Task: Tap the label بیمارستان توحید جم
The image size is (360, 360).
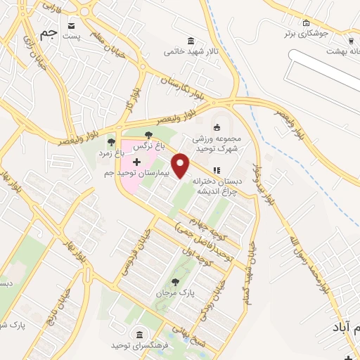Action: point(137,173)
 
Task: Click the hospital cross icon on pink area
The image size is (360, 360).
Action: point(136,162)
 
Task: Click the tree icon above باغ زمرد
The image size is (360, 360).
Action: point(111,142)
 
